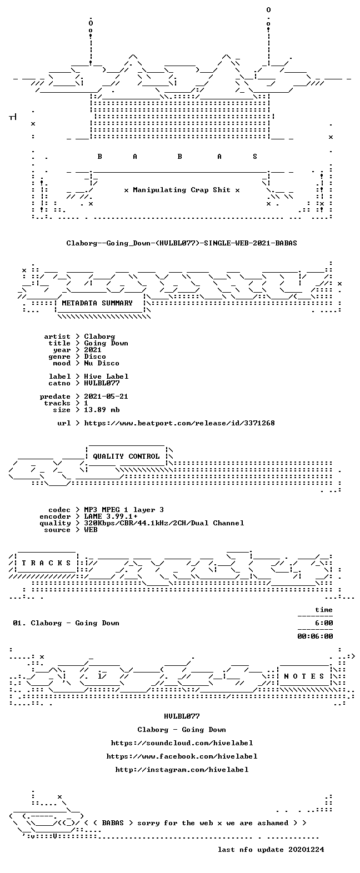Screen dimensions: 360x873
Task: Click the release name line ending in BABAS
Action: [181, 243]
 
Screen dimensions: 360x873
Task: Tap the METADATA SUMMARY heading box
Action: [101, 303]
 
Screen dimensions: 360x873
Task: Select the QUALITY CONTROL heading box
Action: [126, 456]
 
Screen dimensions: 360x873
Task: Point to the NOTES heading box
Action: [304, 676]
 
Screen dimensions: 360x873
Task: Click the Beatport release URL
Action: [179, 423]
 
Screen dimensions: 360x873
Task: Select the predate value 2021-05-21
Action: [106, 397]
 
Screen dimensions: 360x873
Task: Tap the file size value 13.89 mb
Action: [102, 410]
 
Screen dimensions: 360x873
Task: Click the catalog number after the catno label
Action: [102, 383]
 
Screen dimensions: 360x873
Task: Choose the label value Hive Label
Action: [106, 377]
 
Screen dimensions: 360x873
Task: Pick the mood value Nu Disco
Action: [102, 363]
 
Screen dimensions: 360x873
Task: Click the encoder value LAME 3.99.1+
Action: [111, 516]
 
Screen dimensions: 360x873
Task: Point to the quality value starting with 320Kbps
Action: [164, 523]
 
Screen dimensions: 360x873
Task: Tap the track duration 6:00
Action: [324, 623]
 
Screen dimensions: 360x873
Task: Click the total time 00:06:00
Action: [315, 636]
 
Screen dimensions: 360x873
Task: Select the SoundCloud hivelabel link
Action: [182, 743]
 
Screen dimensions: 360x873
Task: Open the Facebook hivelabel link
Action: [182, 756]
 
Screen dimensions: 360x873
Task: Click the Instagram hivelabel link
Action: [182, 769]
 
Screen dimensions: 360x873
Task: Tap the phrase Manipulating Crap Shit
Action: [181, 190]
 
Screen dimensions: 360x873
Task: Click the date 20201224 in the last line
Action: [306, 849]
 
